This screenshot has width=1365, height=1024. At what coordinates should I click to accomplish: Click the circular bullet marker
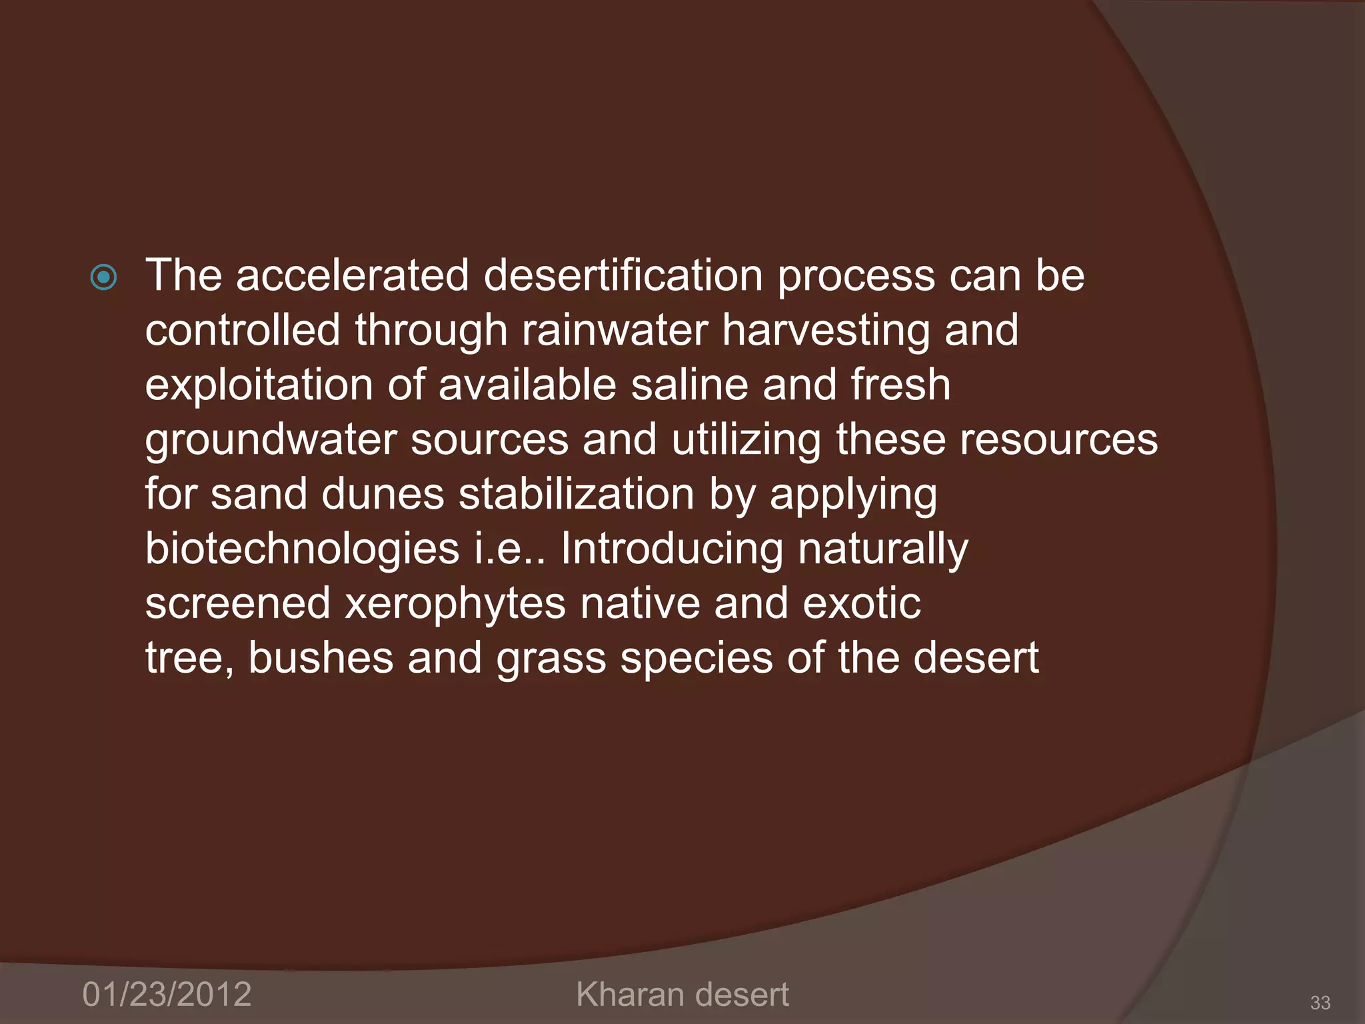pyautogui.click(x=104, y=277)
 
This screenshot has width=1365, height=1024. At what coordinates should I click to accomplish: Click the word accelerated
pyautogui.click(x=352, y=275)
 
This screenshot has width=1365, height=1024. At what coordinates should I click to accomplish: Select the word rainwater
pyautogui.click(x=615, y=330)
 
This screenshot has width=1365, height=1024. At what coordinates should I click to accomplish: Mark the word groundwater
pyautogui.click(x=271, y=441)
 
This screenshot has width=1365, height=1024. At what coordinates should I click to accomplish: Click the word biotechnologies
pyautogui.click(x=302, y=549)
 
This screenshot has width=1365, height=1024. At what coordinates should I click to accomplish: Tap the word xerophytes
pyautogui.click(x=455, y=604)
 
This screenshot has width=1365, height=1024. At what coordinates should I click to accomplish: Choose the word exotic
pyautogui.click(x=862, y=604)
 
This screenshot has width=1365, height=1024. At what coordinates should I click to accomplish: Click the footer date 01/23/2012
pyautogui.click(x=167, y=994)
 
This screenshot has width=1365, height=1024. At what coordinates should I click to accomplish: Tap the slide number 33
pyautogui.click(x=1320, y=1002)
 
